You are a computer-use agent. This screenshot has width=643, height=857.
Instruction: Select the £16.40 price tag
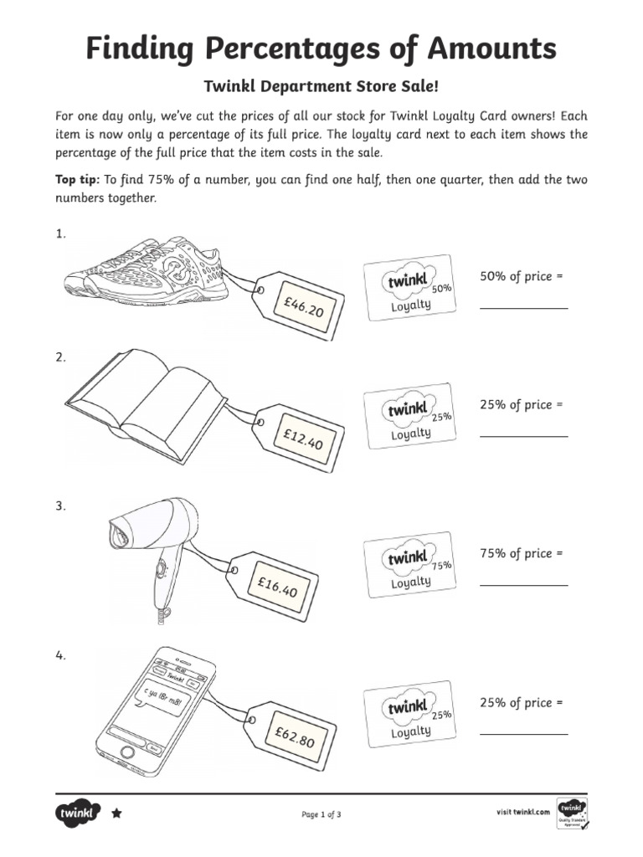276,585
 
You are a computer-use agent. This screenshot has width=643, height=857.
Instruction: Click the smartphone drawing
155,708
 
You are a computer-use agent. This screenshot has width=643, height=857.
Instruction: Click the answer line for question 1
523,308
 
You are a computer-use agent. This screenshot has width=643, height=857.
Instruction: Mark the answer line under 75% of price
523,584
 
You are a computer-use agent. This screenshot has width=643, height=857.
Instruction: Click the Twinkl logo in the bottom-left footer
78,813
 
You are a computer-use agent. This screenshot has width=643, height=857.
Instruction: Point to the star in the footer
116,813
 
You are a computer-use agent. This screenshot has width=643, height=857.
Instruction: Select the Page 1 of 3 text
321,813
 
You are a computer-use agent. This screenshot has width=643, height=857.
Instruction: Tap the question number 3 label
60,505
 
